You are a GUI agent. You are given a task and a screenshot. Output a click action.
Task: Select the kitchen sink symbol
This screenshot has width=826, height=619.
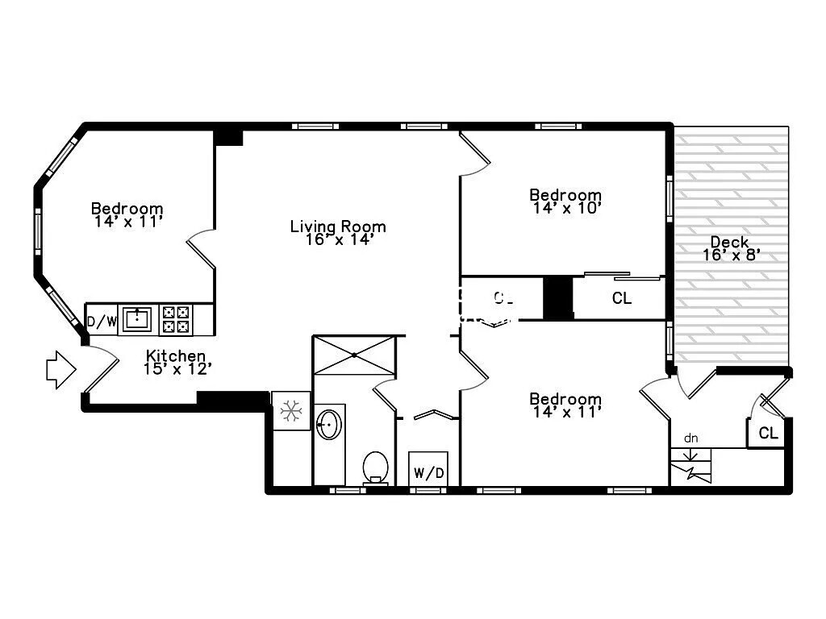(x=137, y=318)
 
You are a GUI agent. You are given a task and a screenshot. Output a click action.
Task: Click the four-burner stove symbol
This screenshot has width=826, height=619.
(x=177, y=319)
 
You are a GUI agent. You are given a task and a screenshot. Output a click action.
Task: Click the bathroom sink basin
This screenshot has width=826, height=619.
(x=328, y=424)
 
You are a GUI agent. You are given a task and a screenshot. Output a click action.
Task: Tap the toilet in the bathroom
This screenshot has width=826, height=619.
(x=373, y=466)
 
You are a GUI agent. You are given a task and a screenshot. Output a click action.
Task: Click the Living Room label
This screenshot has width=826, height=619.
(x=338, y=226)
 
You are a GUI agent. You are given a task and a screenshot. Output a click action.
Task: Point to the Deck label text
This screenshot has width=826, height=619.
(x=729, y=242)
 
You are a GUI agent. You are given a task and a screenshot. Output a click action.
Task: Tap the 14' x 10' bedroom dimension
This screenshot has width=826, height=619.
(x=565, y=207)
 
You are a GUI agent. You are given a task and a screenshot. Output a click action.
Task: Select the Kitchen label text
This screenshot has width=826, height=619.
(x=175, y=355)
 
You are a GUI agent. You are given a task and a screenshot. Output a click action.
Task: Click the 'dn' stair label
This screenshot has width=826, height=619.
(x=690, y=438)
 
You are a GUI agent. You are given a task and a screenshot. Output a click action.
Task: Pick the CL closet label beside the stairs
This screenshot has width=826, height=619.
(x=769, y=434)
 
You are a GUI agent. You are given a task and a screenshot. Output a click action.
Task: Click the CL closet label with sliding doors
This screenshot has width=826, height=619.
(x=621, y=298)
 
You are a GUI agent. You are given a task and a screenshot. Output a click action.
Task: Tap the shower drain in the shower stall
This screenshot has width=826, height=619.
(x=355, y=355)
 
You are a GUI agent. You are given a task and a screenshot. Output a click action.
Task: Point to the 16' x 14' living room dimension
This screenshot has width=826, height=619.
(x=338, y=239)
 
